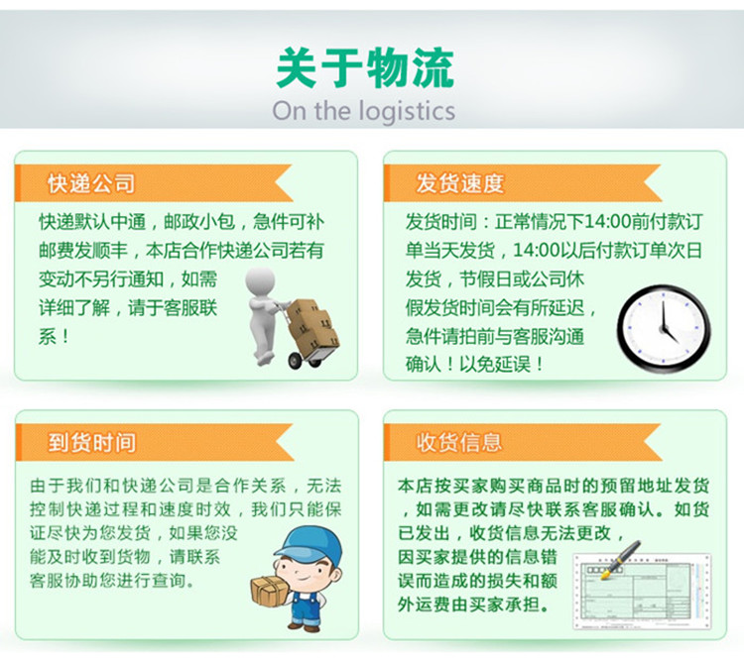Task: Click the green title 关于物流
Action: (x=365, y=68)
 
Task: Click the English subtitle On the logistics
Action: (x=364, y=111)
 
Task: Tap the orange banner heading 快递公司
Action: (x=91, y=183)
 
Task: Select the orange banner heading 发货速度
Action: (x=459, y=183)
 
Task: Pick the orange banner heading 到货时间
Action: (x=91, y=443)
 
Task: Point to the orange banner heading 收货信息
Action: (x=459, y=442)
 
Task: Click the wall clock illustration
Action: (x=664, y=328)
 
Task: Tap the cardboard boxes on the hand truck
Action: (x=312, y=325)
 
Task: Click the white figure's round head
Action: (x=260, y=281)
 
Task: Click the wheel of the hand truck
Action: (x=296, y=361)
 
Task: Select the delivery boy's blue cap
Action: (x=309, y=543)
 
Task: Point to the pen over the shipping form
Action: (x=621, y=560)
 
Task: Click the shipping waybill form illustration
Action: (x=643, y=591)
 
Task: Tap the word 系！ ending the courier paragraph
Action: (x=55, y=337)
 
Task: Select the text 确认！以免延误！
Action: (x=474, y=365)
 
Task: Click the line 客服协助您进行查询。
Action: (x=112, y=580)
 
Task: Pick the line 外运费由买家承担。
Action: (x=473, y=605)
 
